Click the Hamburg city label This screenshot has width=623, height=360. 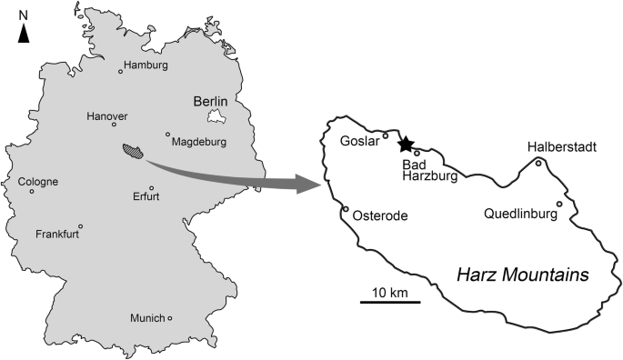pos(147,65)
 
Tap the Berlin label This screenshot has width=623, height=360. pos(208,101)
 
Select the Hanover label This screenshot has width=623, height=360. pos(107,116)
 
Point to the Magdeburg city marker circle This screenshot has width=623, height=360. pos(167,135)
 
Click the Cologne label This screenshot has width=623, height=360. pos(38,181)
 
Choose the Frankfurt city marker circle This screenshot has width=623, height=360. pos(81,226)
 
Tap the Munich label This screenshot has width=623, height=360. pos(147,318)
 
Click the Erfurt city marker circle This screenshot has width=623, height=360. pos(152,189)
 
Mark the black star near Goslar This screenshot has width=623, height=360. pos(405,143)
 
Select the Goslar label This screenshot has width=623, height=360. pos(357,141)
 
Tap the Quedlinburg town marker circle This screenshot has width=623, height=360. pos(559,205)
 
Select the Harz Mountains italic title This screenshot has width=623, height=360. pos(522,274)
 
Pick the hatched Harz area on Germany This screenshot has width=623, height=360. pos(135,151)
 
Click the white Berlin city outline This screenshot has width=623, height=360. pos(216,116)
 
